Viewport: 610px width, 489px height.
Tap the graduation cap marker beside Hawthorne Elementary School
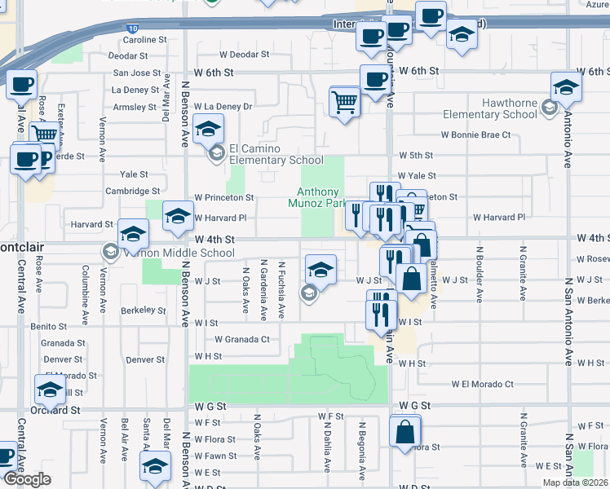(566, 86)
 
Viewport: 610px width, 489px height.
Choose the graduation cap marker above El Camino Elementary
(208, 129)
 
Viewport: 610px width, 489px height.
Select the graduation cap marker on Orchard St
(50, 390)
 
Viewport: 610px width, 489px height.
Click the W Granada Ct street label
(241, 339)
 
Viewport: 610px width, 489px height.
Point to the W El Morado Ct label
(483, 384)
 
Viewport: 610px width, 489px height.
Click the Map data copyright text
(576, 482)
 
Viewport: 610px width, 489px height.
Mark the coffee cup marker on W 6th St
(374, 81)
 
